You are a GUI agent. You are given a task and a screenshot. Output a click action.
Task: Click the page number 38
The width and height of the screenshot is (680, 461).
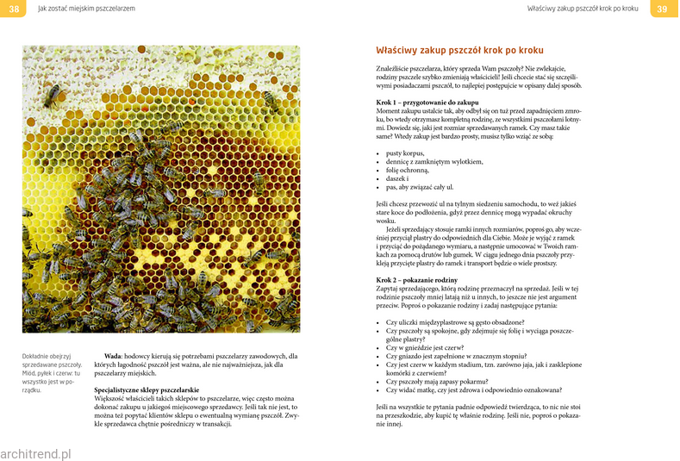click(x=13, y=9)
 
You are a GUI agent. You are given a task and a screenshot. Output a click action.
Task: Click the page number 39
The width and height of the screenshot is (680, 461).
click(x=662, y=9)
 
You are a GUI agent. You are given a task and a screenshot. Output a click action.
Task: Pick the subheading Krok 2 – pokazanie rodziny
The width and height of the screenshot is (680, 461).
click(x=417, y=280)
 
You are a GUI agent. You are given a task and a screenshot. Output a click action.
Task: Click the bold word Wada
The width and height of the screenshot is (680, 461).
click(x=112, y=356)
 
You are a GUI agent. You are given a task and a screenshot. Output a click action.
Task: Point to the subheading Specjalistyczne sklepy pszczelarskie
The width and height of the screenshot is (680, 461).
click(x=147, y=389)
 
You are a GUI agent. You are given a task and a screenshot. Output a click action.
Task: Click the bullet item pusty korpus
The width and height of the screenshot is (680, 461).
click(x=405, y=153)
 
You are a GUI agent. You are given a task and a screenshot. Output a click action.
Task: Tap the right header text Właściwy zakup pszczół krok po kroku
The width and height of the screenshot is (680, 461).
click(x=583, y=9)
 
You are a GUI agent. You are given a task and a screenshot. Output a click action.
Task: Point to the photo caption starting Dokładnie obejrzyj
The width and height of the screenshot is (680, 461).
click(x=51, y=373)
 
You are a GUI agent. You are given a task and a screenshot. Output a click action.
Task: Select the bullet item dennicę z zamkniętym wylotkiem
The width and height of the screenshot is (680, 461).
click(x=434, y=161)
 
